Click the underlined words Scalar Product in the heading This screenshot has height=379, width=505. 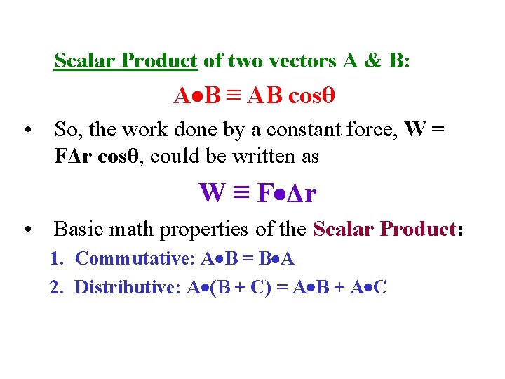point(126,61)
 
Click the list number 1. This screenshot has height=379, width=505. point(55,259)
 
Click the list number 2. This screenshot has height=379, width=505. point(55,287)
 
